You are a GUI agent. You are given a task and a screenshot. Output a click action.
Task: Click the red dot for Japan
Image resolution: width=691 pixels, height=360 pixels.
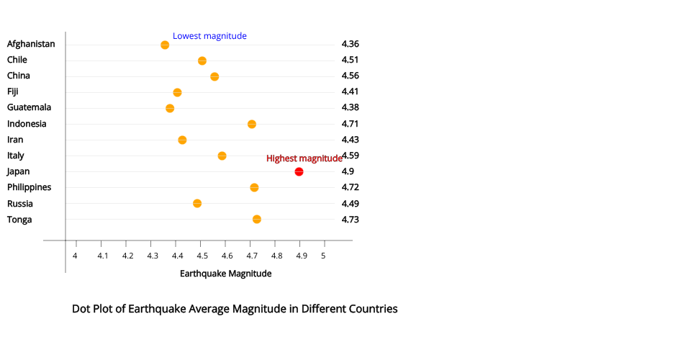pos(299,171)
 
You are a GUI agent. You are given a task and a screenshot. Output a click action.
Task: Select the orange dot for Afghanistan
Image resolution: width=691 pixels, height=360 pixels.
pos(165,45)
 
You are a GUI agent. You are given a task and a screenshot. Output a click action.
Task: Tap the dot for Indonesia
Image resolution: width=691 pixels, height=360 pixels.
pos(252,124)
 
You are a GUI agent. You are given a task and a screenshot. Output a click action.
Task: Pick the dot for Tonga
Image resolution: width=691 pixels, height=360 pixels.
pos(257,219)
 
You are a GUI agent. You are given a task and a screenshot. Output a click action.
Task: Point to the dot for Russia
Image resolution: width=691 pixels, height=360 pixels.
pos(197,203)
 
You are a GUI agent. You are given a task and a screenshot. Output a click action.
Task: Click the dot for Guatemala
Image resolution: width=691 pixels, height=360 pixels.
pos(170,108)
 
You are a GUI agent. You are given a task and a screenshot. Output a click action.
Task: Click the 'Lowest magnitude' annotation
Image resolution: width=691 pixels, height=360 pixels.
pos(209,36)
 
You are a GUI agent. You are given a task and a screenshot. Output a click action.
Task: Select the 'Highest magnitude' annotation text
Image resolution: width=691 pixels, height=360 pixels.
pos(304,158)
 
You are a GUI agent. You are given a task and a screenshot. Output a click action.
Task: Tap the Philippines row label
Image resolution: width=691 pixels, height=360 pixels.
pos(29,187)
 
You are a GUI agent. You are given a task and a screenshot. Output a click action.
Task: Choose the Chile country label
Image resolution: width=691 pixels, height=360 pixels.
pos(17,60)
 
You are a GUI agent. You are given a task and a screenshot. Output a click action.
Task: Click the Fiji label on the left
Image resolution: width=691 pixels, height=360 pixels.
pos(13,91)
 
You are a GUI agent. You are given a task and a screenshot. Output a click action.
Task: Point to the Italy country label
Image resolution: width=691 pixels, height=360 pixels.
pos(15,156)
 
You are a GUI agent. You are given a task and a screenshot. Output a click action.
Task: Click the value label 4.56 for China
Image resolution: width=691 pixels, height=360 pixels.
pos(350,76)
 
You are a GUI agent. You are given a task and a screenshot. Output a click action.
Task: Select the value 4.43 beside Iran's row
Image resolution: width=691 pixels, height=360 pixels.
pos(350,139)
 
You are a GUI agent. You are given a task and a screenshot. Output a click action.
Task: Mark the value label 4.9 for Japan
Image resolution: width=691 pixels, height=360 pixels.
pos(348,171)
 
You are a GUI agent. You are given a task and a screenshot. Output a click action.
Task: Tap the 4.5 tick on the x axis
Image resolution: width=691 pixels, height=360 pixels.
pos(202,256)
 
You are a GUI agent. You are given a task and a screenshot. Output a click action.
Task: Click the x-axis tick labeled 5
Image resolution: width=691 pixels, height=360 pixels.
pos(324,256)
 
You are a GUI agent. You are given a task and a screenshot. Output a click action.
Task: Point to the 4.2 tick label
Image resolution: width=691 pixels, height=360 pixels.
pos(127,256)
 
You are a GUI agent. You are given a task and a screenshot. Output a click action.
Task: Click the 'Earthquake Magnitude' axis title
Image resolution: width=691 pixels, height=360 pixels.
pos(225,274)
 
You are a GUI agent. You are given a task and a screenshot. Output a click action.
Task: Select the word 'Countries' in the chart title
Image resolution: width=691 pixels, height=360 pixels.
pos(371,309)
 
